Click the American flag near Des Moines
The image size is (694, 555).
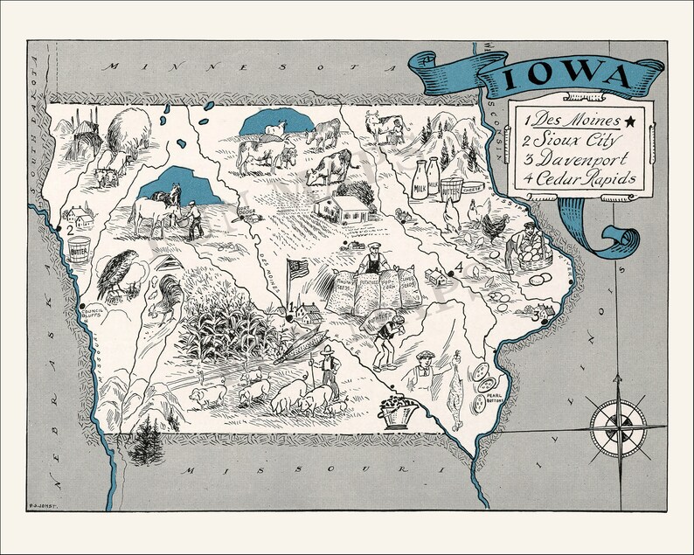[x=298, y=269]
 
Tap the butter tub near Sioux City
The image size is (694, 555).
[x=80, y=249]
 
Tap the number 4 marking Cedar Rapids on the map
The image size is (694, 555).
[x=458, y=267]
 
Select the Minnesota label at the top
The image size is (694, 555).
[x=210, y=67]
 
